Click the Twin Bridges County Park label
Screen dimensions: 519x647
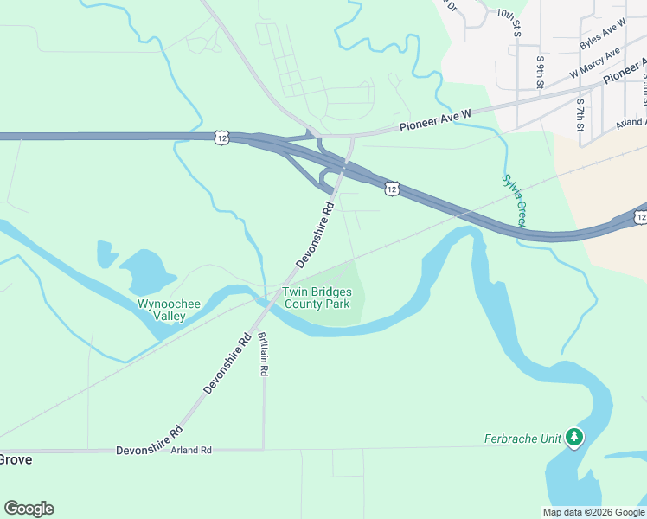pos(317,298)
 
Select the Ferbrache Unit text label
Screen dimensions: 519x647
pos(522,439)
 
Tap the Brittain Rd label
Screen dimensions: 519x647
pos(264,356)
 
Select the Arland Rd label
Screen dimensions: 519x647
pos(191,450)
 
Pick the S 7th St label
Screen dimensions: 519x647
pos(580,110)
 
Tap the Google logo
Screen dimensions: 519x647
pos(29,509)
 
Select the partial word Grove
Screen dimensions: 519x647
pos(16,459)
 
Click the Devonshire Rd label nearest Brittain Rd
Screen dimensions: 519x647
pos(227,363)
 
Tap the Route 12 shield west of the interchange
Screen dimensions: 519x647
pos(222,137)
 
